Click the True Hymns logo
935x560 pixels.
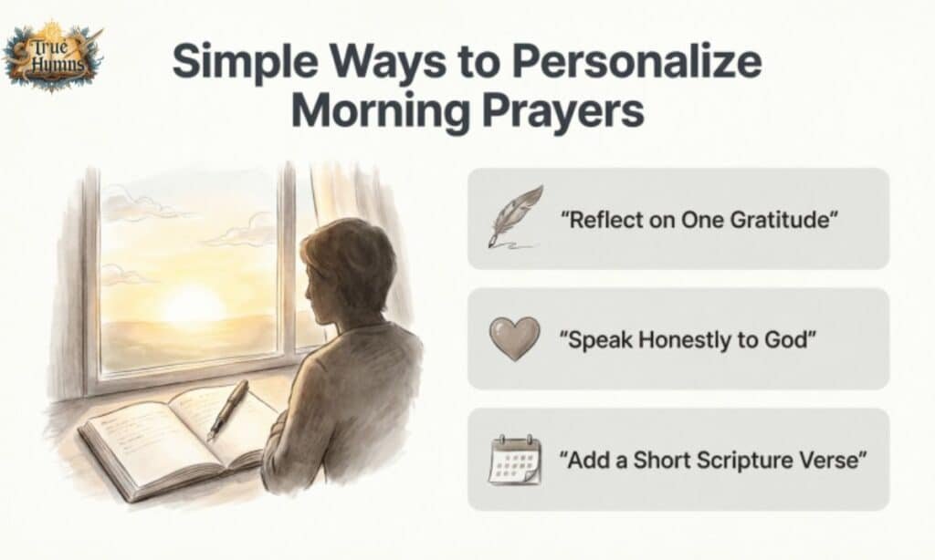[52, 57]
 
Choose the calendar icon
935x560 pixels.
[512, 459]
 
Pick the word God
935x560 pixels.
[792, 340]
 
